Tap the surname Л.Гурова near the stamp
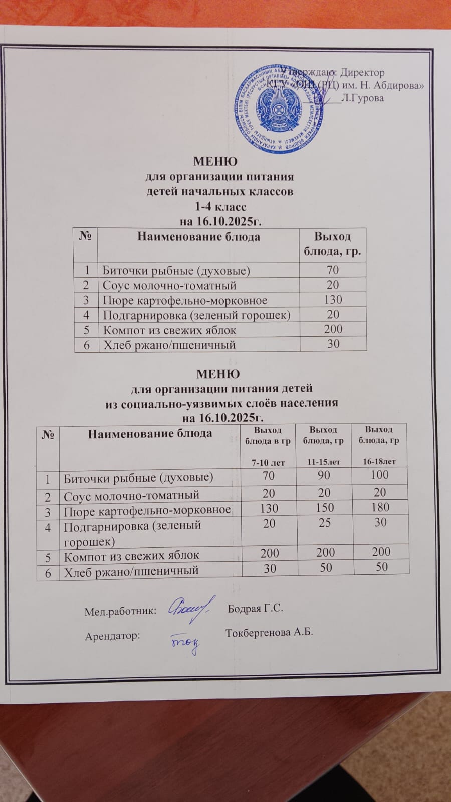point(362,98)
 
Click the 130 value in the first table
point(333,300)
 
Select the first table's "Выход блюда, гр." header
point(332,244)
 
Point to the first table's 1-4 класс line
point(220,206)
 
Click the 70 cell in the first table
point(332,270)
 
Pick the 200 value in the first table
point(333,329)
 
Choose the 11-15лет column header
point(324,462)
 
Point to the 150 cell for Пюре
point(325,508)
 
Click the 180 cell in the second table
point(380,507)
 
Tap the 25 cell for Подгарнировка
point(325,523)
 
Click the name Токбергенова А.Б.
point(269,632)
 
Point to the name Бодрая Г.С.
point(256,609)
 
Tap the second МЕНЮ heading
point(218,374)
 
